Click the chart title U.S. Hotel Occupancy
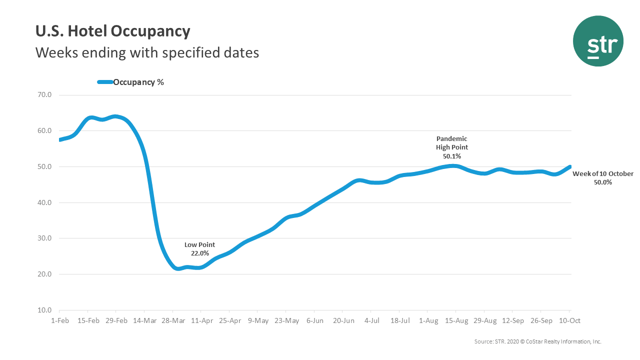tap(112, 31)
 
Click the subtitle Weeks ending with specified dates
tap(147, 52)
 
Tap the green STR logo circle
tap(598, 41)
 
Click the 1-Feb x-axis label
tap(59, 320)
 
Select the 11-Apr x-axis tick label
tap(200, 320)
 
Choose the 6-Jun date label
tap(314, 320)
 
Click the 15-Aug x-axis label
tap(456, 320)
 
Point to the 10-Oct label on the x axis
tap(570, 320)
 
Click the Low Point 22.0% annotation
tap(200, 249)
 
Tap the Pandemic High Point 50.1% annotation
tap(452, 147)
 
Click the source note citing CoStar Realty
tap(537, 341)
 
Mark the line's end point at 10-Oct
tap(569, 167)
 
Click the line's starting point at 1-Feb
tap(60, 139)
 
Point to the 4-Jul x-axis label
tap(371, 320)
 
